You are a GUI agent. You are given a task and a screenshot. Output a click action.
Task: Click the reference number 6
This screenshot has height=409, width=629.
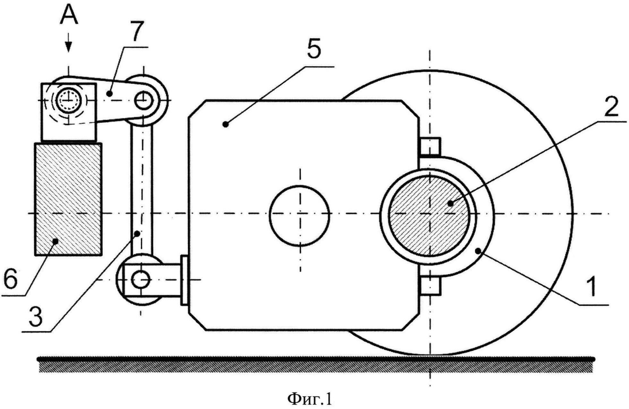pyautogui.click(x=11, y=279)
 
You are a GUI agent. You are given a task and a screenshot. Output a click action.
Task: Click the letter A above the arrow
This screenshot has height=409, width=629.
pyautogui.click(x=69, y=15)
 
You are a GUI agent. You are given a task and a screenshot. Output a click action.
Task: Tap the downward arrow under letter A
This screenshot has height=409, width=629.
pyautogui.click(x=68, y=45)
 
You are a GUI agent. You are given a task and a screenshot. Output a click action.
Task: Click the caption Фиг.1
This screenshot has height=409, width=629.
pyautogui.click(x=310, y=399)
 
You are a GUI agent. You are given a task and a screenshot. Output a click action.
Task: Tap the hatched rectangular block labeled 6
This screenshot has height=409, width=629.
pyautogui.click(x=68, y=199)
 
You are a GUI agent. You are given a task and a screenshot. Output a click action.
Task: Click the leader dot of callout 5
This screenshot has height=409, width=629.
pyautogui.click(x=226, y=124)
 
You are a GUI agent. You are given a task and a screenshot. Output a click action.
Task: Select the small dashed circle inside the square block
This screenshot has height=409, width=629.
pyautogui.click(x=68, y=100)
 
